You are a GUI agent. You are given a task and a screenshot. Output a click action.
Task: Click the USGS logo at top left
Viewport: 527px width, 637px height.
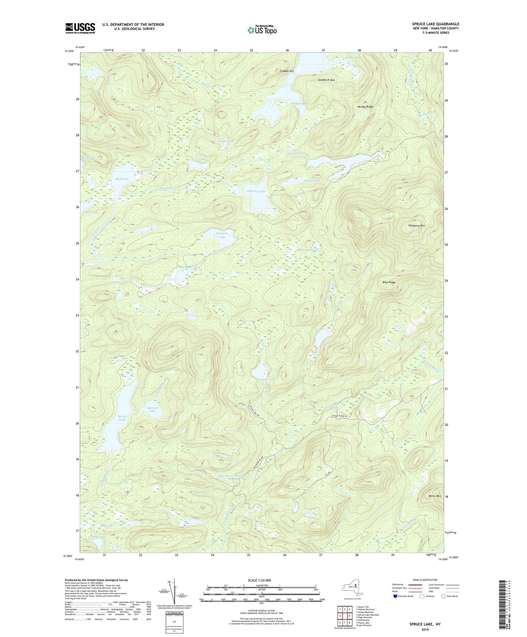point(80,28)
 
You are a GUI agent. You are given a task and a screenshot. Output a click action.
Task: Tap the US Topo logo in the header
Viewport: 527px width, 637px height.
point(262,30)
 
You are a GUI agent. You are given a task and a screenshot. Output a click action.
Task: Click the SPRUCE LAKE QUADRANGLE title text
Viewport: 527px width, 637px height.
point(436,24)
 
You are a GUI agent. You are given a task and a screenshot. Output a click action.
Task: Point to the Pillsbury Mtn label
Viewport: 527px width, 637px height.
point(417,226)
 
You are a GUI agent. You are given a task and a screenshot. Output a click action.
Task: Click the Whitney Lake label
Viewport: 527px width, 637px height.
point(256,191)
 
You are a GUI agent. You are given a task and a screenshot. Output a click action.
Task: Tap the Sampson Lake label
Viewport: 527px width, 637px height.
point(222,235)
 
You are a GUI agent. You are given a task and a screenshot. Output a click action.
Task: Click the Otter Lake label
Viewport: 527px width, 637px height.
point(269,380)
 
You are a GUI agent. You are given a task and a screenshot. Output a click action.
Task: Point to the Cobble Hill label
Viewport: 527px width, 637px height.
point(287,71)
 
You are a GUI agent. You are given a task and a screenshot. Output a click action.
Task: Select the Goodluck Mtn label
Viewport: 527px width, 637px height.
point(326,80)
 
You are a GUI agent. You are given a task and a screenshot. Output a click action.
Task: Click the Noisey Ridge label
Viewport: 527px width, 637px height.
point(365,106)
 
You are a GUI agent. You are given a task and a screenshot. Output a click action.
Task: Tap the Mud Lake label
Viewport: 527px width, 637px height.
point(122,179)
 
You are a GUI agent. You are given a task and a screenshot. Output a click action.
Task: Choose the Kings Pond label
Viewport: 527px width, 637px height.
point(226,141)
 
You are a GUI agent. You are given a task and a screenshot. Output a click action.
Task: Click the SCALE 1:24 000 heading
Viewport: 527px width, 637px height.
point(261,580)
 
